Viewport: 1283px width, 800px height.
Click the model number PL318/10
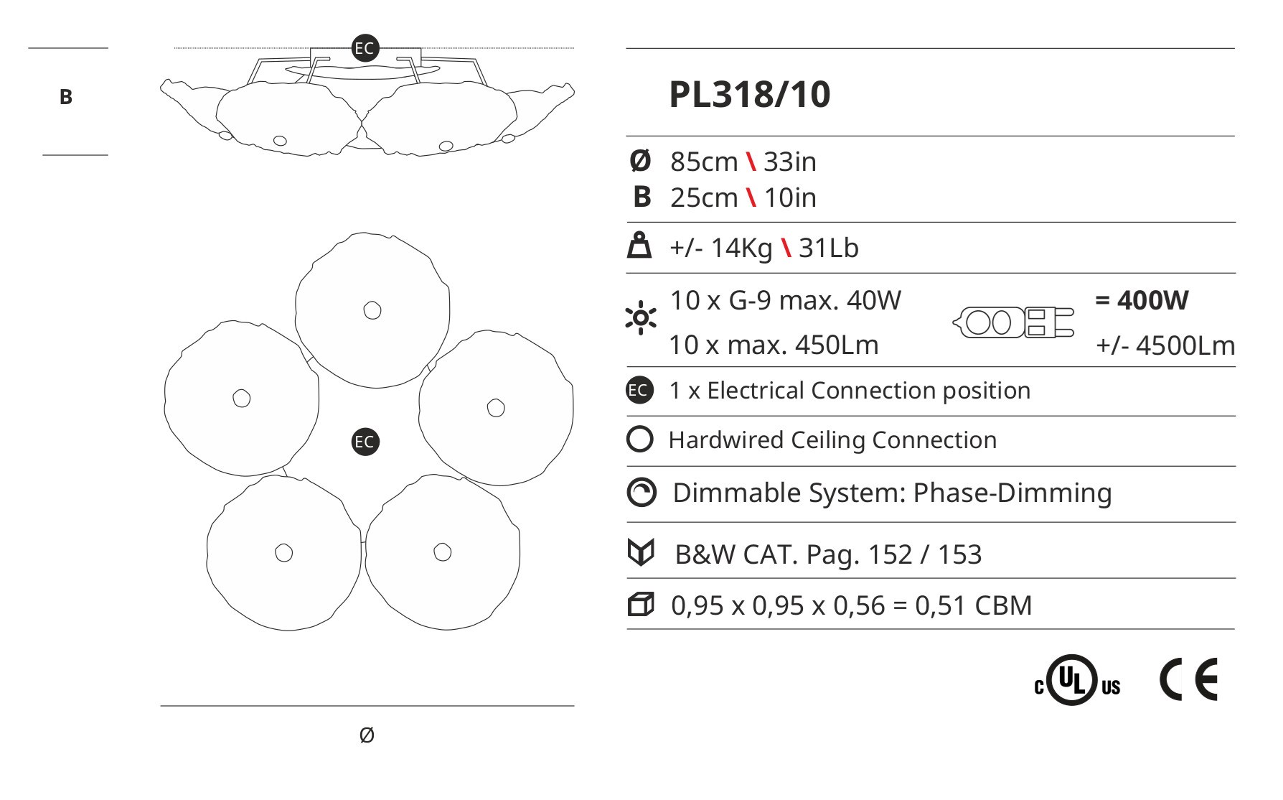coord(749,95)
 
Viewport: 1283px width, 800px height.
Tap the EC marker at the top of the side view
coord(365,48)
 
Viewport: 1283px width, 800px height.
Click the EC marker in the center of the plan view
coord(365,442)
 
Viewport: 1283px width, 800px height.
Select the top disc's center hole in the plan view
coord(372,310)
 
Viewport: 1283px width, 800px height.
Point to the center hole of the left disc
coord(242,398)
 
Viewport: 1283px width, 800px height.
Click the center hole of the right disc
coord(495,407)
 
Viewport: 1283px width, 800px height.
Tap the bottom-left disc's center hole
coord(284,553)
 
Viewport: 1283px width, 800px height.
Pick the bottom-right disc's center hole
coord(443,552)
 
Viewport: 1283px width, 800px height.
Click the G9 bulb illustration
coord(1014,322)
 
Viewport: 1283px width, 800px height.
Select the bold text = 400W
coord(1142,300)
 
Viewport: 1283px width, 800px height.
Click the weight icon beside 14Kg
coord(639,246)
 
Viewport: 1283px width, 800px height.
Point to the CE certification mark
coord(1188,679)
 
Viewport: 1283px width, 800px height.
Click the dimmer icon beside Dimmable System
coord(641,493)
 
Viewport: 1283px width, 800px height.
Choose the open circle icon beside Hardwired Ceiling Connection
coord(639,439)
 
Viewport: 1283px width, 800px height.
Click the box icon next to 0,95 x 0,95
coord(640,605)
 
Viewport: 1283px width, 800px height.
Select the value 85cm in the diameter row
coord(704,162)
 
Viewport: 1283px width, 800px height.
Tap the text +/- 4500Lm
coord(1165,346)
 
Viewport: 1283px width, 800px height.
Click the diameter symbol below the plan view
coord(366,735)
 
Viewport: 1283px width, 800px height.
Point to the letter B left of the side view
coord(66,97)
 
